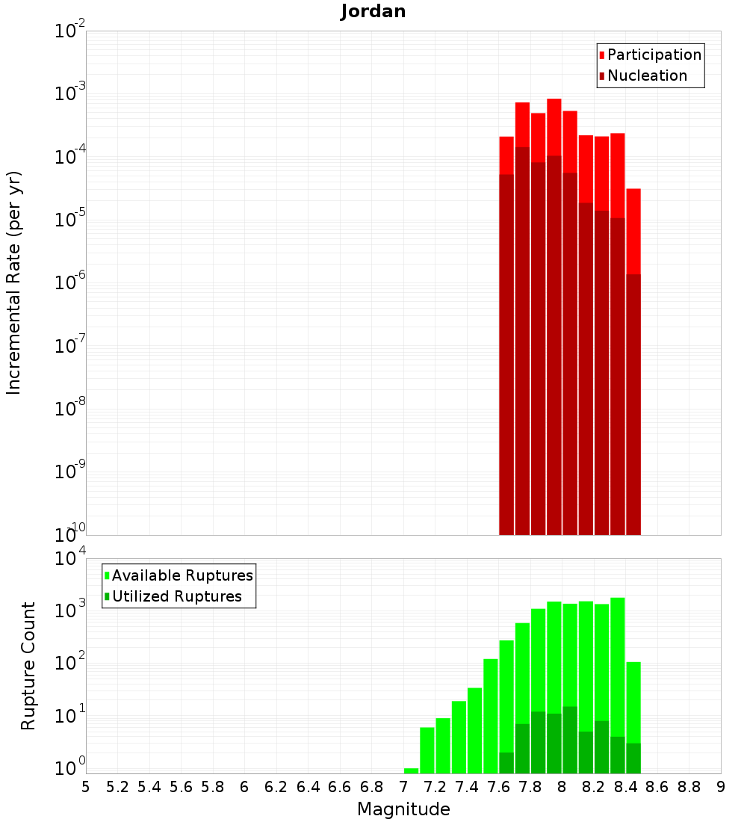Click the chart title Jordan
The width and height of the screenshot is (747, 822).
(373, 11)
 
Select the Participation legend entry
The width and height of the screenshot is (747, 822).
(654, 55)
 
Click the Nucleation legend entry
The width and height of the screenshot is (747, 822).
(647, 75)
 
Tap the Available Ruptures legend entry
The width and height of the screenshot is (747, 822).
(182, 575)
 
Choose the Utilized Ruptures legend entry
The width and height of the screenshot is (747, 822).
(176, 596)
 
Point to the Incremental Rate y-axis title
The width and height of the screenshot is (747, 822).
(14, 282)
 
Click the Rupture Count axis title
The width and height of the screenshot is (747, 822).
(28, 665)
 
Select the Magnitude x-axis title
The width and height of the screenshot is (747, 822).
(403, 809)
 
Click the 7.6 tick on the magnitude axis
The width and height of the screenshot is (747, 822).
(498, 787)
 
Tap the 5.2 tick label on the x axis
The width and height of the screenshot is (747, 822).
(117, 787)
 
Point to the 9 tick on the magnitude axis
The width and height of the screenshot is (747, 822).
(721, 787)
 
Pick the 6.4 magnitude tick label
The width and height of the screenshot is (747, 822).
(308, 787)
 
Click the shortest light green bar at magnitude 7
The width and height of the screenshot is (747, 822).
(411, 770)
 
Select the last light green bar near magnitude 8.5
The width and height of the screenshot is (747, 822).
(633, 702)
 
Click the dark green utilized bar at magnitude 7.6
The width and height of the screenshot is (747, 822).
(506, 763)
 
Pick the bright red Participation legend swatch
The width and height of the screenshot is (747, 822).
(602, 55)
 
